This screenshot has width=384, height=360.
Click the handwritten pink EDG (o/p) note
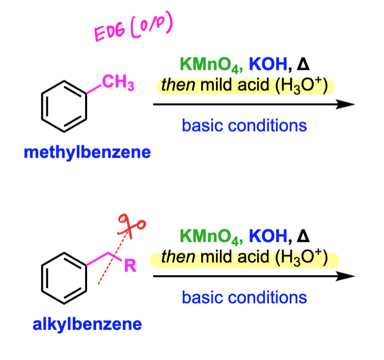pos(133,27)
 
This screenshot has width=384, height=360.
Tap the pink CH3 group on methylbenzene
pos(118,83)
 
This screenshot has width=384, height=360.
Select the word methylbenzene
pos(87,152)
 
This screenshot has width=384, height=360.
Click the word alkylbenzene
pos(87,324)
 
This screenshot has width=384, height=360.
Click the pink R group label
pos(130,265)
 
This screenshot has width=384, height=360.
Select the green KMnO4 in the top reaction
pos(211,65)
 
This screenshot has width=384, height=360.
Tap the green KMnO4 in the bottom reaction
pos(211,237)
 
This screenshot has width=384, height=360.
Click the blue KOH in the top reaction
pos(268,64)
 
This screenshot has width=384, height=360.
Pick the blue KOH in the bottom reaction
pos(268,236)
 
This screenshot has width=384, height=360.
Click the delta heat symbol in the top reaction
pos(303,64)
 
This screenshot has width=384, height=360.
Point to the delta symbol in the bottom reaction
pos(303,236)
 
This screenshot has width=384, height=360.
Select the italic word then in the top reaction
pos(178,85)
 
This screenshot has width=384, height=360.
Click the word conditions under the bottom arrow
pos(267,297)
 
